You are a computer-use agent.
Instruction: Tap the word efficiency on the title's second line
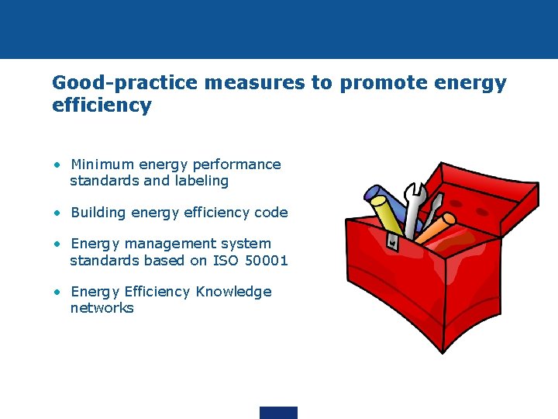tap(102, 106)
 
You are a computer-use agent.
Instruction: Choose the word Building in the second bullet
tap(99, 213)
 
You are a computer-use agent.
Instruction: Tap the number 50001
tap(266, 261)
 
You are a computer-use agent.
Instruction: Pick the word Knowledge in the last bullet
tap(233, 292)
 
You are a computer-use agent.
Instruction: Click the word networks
tap(102, 308)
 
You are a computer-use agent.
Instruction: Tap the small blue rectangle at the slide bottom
tap(278, 413)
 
